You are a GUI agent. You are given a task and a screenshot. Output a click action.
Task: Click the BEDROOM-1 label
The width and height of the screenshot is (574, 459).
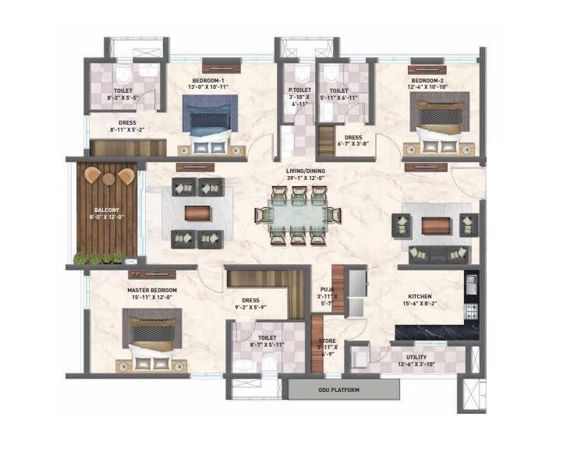coord(208,81)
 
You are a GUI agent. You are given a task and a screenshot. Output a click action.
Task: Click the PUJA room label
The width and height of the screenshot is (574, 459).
coord(326,288)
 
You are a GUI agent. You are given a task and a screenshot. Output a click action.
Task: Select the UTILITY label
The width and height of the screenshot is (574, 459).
coord(416,356)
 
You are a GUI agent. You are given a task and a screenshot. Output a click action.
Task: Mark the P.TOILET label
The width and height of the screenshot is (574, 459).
coord(299,91)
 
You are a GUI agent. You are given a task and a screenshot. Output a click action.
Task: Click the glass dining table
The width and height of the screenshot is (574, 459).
coord(292,214)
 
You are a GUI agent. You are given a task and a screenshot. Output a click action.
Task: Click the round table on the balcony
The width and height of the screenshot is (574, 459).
coord(108,178)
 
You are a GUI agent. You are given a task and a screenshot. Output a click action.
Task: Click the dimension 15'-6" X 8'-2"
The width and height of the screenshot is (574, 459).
coord(420,304)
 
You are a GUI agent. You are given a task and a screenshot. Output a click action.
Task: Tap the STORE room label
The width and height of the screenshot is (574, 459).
coord(327,341)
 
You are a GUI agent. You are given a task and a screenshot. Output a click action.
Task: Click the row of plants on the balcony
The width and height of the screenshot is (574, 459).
coord(98,258)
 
